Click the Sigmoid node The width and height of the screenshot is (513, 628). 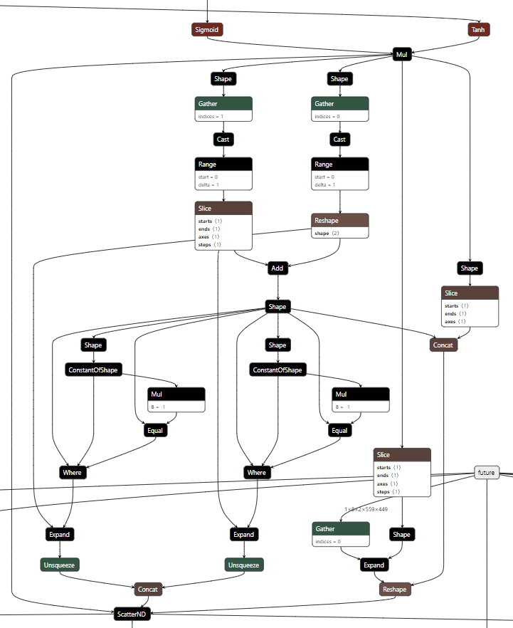pyautogui.click(x=207, y=29)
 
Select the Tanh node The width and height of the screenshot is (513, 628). pyautogui.click(x=477, y=29)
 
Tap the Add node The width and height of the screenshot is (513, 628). pyautogui.click(x=277, y=268)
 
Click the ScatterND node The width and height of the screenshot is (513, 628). pyautogui.click(x=132, y=613)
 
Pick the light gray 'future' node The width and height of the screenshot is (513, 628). pyautogui.click(x=487, y=472)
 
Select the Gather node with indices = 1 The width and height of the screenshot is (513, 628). pyautogui.click(x=223, y=110)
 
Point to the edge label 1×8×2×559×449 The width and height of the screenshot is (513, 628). pyautogui.click(x=366, y=509)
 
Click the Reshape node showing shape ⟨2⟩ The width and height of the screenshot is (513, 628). pyautogui.click(x=340, y=226)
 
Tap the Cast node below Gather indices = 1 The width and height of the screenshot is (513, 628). pyautogui.click(x=223, y=140)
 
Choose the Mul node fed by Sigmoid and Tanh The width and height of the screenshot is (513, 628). pyautogui.click(x=402, y=54)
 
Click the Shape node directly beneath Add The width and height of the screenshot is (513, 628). pyautogui.click(x=277, y=307)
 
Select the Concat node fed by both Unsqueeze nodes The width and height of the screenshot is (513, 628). pyautogui.click(x=149, y=590)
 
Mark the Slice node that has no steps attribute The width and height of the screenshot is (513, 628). pyautogui.click(x=470, y=306)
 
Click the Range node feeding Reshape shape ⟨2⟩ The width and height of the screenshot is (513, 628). pyautogui.click(x=340, y=174)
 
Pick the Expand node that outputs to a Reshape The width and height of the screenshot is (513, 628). pyautogui.click(x=374, y=565)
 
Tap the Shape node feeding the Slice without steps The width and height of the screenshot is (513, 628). pyautogui.click(x=470, y=268)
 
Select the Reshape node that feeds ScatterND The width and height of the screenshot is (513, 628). pyautogui.click(x=395, y=590)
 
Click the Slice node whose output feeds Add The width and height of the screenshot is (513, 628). pyautogui.click(x=223, y=226)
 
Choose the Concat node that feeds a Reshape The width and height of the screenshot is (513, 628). pyautogui.click(x=443, y=345)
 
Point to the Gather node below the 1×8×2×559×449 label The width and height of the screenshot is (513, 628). pyautogui.click(x=340, y=535)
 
